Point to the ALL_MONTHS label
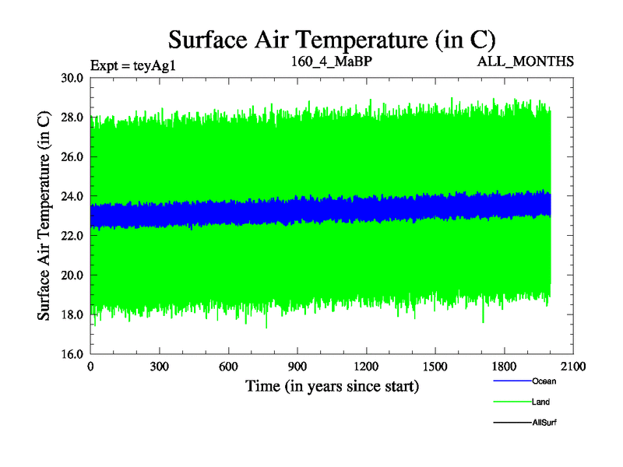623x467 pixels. [526, 61]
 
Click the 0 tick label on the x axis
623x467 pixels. [91, 367]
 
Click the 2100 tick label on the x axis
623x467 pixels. [573, 367]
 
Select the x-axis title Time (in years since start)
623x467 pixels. [333, 386]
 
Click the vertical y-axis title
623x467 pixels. [45, 216]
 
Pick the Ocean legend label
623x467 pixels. [544, 381]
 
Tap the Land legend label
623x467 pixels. [541, 402]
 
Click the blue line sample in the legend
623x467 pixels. [511, 381]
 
